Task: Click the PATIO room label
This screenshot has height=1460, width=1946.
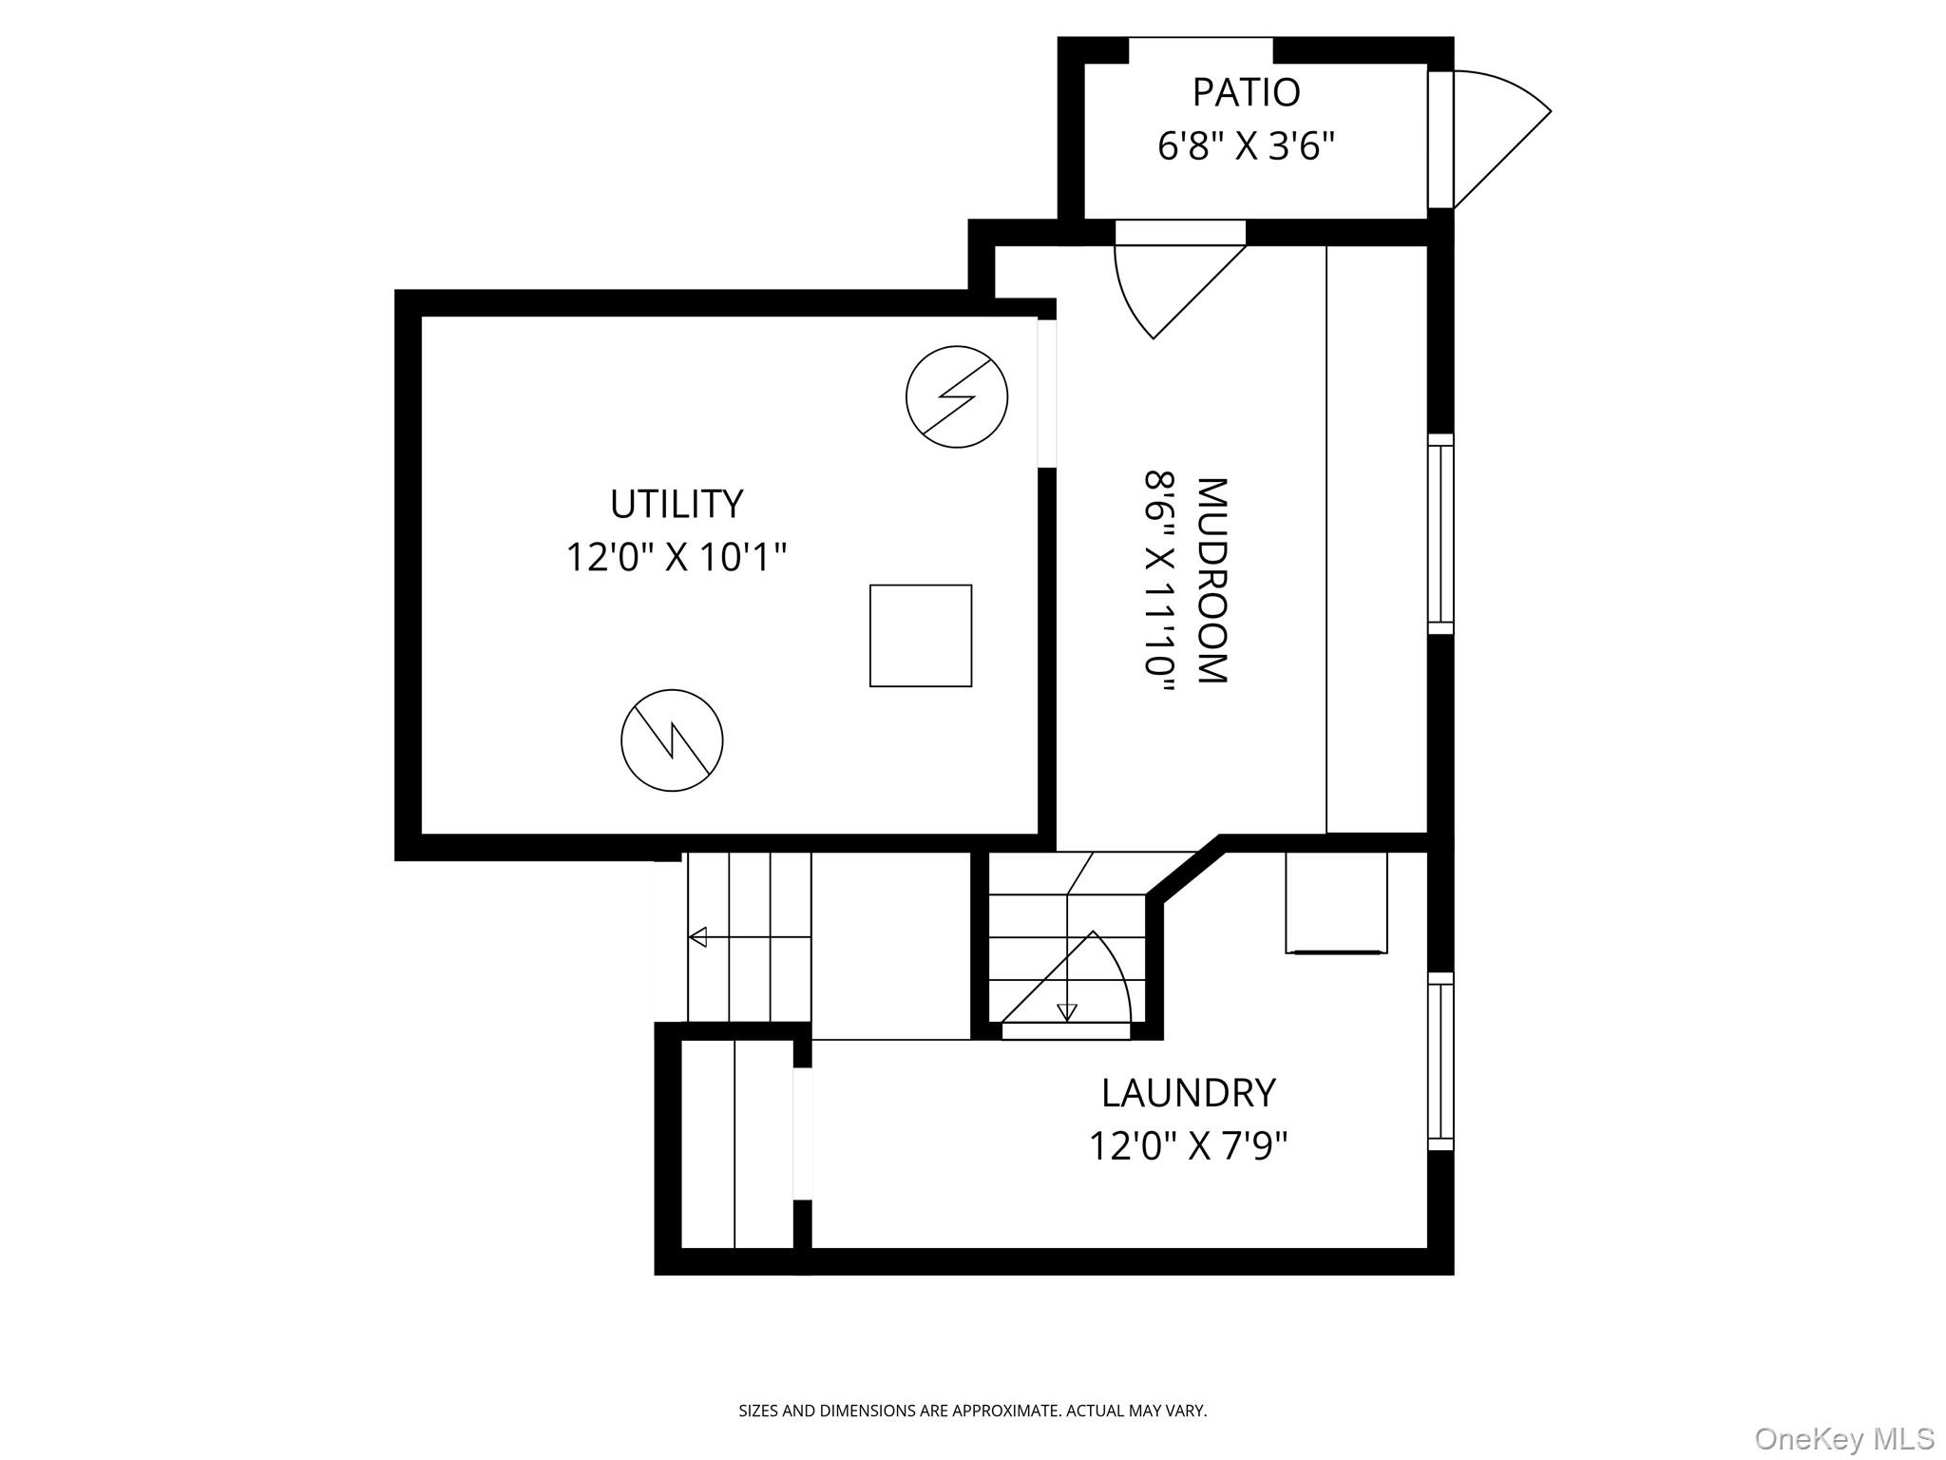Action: point(1246,93)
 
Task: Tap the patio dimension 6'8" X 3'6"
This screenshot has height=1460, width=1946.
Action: point(1246,147)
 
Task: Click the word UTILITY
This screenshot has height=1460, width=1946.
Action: point(676,504)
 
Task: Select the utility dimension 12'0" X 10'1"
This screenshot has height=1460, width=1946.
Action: point(676,557)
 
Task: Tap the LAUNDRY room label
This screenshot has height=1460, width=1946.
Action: point(1188,1093)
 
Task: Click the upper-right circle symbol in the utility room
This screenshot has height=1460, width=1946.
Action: point(956,396)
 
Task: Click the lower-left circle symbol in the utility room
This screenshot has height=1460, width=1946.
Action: point(672,740)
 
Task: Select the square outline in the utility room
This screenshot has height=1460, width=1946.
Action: point(920,635)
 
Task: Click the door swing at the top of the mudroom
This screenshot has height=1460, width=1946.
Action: point(1169,285)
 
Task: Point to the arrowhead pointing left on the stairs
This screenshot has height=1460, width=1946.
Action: point(697,937)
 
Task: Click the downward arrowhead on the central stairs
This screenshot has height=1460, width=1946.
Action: point(1067,1013)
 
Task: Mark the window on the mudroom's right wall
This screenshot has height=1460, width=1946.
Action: point(1440,534)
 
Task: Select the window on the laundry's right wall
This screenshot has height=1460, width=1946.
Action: point(1440,1061)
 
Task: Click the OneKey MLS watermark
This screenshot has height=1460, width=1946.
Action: point(1843,1438)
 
